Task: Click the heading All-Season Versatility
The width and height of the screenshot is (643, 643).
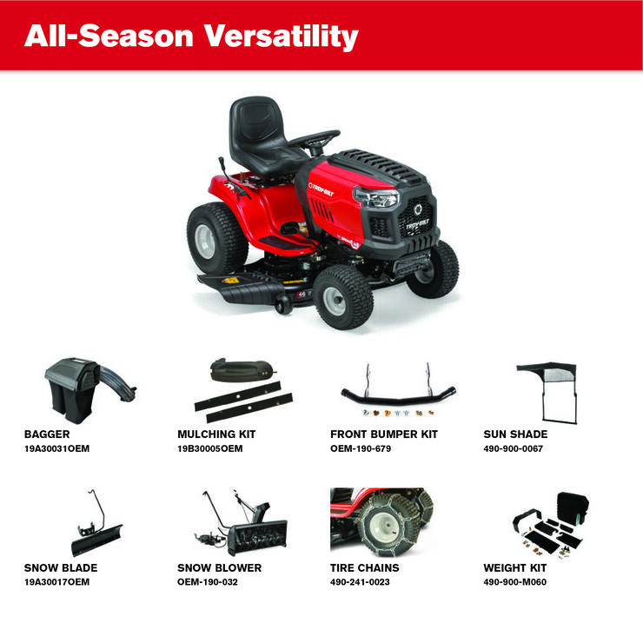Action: click(191, 36)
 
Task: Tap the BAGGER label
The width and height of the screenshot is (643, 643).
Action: click(47, 434)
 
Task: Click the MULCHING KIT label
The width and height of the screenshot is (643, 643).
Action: click(216, 434)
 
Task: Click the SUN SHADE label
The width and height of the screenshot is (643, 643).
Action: click(515, 434)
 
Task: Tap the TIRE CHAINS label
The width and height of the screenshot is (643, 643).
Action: click(365, 568)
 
